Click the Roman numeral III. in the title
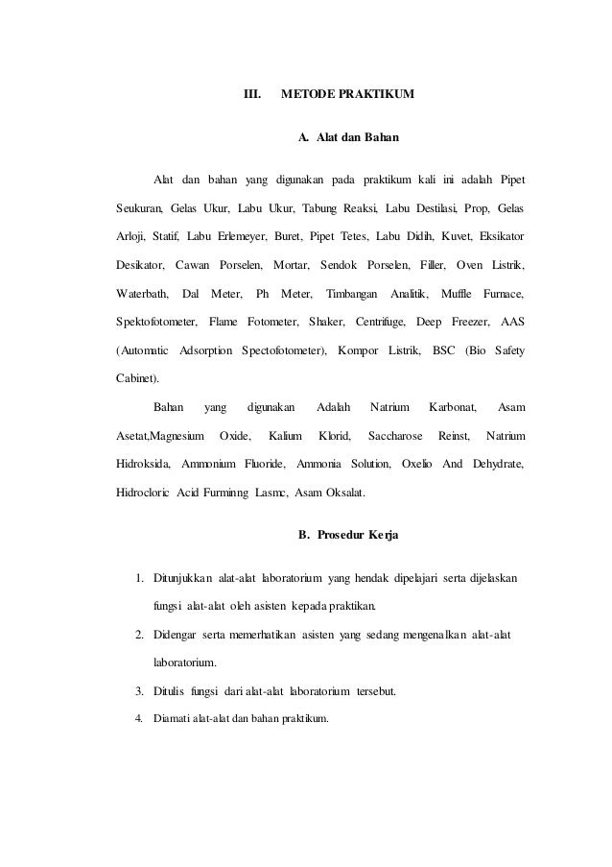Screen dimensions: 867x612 252,95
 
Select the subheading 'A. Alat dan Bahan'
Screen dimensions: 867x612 347,139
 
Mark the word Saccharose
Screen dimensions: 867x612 394,437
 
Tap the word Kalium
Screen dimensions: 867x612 285,437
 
